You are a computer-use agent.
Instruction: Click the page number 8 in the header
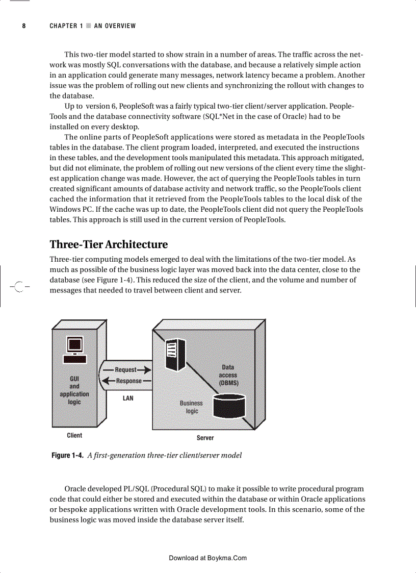pos(24,26)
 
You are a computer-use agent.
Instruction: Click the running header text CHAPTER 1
pos(66,26)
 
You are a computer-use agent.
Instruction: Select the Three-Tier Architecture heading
pos(108,244)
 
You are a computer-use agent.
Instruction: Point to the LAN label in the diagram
pos(128,398)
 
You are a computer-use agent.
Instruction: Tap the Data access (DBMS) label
pos(228,375)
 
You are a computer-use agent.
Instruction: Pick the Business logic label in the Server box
pos(191,407)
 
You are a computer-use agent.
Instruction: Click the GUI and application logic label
pos(74,390)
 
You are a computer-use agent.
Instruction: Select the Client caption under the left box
pos(74,435)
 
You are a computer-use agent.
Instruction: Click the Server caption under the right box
pos(205,438)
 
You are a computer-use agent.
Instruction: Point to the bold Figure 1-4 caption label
pos(67,455)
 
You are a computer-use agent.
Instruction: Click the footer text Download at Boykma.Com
pos(207,558)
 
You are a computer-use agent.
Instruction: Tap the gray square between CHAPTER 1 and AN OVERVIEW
pos(88,26)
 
